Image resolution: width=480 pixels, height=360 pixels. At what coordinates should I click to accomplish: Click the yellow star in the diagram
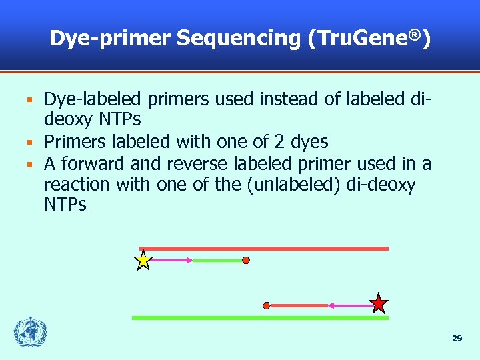tap(143, 260)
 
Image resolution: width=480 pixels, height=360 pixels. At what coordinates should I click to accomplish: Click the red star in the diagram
tap(379, 304)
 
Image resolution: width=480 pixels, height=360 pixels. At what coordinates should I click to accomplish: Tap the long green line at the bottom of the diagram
tap(260, 318)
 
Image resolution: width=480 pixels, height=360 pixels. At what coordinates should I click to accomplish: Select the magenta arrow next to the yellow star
tap(173, 260)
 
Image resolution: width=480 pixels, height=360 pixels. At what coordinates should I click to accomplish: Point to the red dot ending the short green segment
tap(245, 260)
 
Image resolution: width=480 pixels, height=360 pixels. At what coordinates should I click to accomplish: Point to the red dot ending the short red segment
tap(267, 305)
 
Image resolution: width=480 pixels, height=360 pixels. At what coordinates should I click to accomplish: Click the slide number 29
tap(457, 339)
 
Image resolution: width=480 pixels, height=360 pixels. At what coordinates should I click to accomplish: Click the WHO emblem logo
tap(31, 331)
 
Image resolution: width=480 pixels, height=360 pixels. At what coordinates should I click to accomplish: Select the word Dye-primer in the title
tap(109, 39)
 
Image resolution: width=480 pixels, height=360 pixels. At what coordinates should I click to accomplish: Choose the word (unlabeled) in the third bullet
tap(295, 183)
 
